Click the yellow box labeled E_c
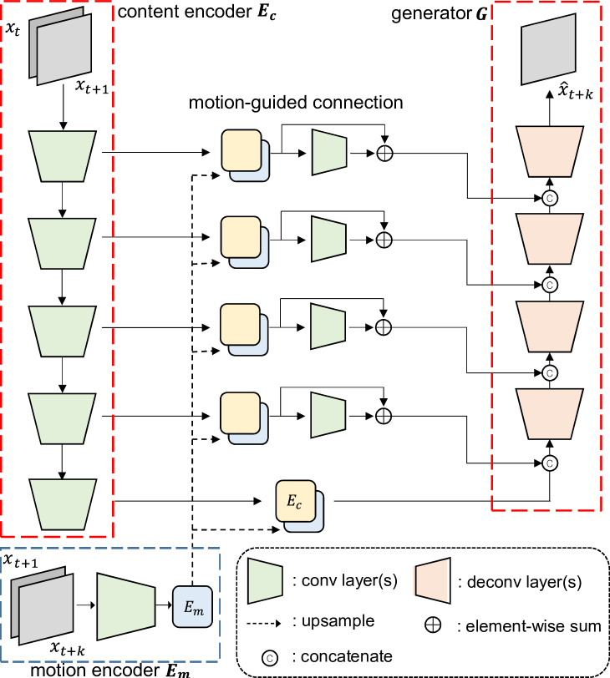pos(296,501)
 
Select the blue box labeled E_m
pos(192,606)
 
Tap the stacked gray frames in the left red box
pos(61,48)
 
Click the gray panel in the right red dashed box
pos(548,49)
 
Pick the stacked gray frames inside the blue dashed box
pos(43,606)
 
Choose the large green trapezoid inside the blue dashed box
pos(126,607)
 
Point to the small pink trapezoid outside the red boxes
pos(431,580)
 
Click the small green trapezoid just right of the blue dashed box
pos(265,581)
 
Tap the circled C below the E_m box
pos(269,658)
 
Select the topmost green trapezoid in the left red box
pos(63,156)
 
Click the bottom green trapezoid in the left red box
pos(63,503)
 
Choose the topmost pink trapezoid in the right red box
pos(549,151)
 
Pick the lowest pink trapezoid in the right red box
pos(549,413)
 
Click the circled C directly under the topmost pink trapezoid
pos(549,198)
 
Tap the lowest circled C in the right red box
pos(549,463)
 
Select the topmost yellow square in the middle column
pos(241,150)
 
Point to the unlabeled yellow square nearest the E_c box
pos(241,413)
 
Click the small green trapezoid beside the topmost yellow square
pos(329,152)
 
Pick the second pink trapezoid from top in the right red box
pos(549,239)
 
